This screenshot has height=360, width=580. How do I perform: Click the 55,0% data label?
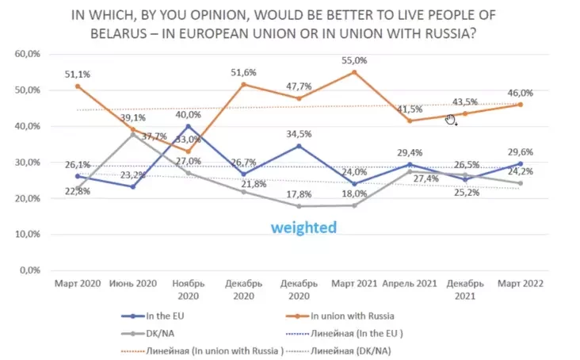[x=354, y=60]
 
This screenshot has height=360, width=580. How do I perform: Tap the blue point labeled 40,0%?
[x=188, y=126]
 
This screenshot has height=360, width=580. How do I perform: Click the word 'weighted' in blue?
[x=303, y=228]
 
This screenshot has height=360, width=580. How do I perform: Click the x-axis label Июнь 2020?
[x=132, y=283]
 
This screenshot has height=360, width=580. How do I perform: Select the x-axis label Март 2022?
[x=519, y=283]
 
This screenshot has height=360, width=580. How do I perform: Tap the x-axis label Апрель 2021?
[x=409, y=283]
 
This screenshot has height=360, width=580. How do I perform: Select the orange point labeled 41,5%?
[x=410, y=121]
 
